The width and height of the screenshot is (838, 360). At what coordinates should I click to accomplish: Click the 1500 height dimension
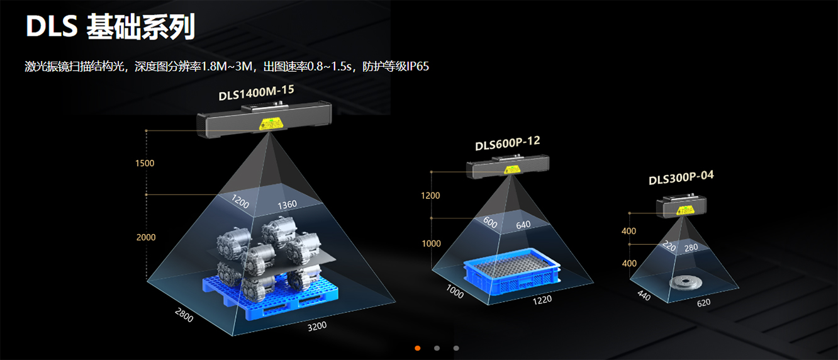145,164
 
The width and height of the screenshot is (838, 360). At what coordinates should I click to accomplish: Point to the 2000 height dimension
145,237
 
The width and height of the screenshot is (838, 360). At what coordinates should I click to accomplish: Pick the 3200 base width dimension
316,327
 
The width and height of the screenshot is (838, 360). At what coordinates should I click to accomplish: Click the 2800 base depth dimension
184,315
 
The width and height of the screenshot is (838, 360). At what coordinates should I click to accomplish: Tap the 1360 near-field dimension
287,205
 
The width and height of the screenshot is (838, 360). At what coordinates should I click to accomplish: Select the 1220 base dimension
542,300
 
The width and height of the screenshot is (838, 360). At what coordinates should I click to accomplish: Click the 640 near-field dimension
523,225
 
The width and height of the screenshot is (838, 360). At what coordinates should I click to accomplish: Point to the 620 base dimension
703,303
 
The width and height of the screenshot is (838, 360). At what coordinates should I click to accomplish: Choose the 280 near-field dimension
691,247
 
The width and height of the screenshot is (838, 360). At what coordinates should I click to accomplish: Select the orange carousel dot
418,348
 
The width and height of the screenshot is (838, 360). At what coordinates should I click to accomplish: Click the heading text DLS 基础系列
110,27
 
